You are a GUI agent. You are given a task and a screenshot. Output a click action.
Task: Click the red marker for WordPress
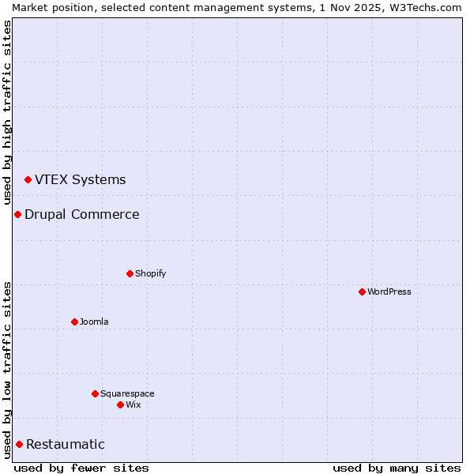pyautogui.click(x=362, y=292)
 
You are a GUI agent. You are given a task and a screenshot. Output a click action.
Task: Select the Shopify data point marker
pyautogui.click(x=130, y=273)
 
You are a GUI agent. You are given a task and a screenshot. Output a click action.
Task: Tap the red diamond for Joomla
pyautogui.click(x=74, y=322)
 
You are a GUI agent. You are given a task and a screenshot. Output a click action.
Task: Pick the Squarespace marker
pyautogui.click(x=95, y=393)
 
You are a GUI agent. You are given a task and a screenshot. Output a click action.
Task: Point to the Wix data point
pyautogui.click(x=120, y=404)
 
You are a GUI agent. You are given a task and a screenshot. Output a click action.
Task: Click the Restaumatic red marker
pyautogui.click(x=19, y=444)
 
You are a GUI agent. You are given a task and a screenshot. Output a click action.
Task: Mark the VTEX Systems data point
pyautogui.click(x=28, y=180)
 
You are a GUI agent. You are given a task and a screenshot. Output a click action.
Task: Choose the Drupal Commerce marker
pyautogui.click(x=17, y=214)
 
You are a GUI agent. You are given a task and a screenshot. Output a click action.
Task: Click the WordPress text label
pyautogui.click(x=389, y=292)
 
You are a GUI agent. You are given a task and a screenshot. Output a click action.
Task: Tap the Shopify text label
pyautogui.click(x=150, y=273)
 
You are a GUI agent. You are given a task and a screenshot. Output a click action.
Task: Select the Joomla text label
pyautogui.click(x=94, y=322)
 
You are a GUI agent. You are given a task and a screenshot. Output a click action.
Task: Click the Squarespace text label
pyautogui.click(x=127, y=393)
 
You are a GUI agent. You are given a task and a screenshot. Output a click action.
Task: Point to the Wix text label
pyautogui.click(x=133, y=404)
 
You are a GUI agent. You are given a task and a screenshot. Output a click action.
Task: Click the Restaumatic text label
pyautogui.click(x=65, y=444)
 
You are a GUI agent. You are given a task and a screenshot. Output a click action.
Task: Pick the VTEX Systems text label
pyautogui.click(x=80, y=179)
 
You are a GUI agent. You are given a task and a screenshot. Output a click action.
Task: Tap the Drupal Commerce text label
pyautogui.click(x=81, y=214)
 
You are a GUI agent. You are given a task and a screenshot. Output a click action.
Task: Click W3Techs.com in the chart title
pyautogui.click(x=427, y=7)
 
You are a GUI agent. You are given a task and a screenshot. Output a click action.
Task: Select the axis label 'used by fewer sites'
pyautogui.click(x=81, y=468)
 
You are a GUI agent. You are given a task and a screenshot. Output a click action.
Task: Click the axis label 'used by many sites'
pyautogui.click(x=397, y=468)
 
